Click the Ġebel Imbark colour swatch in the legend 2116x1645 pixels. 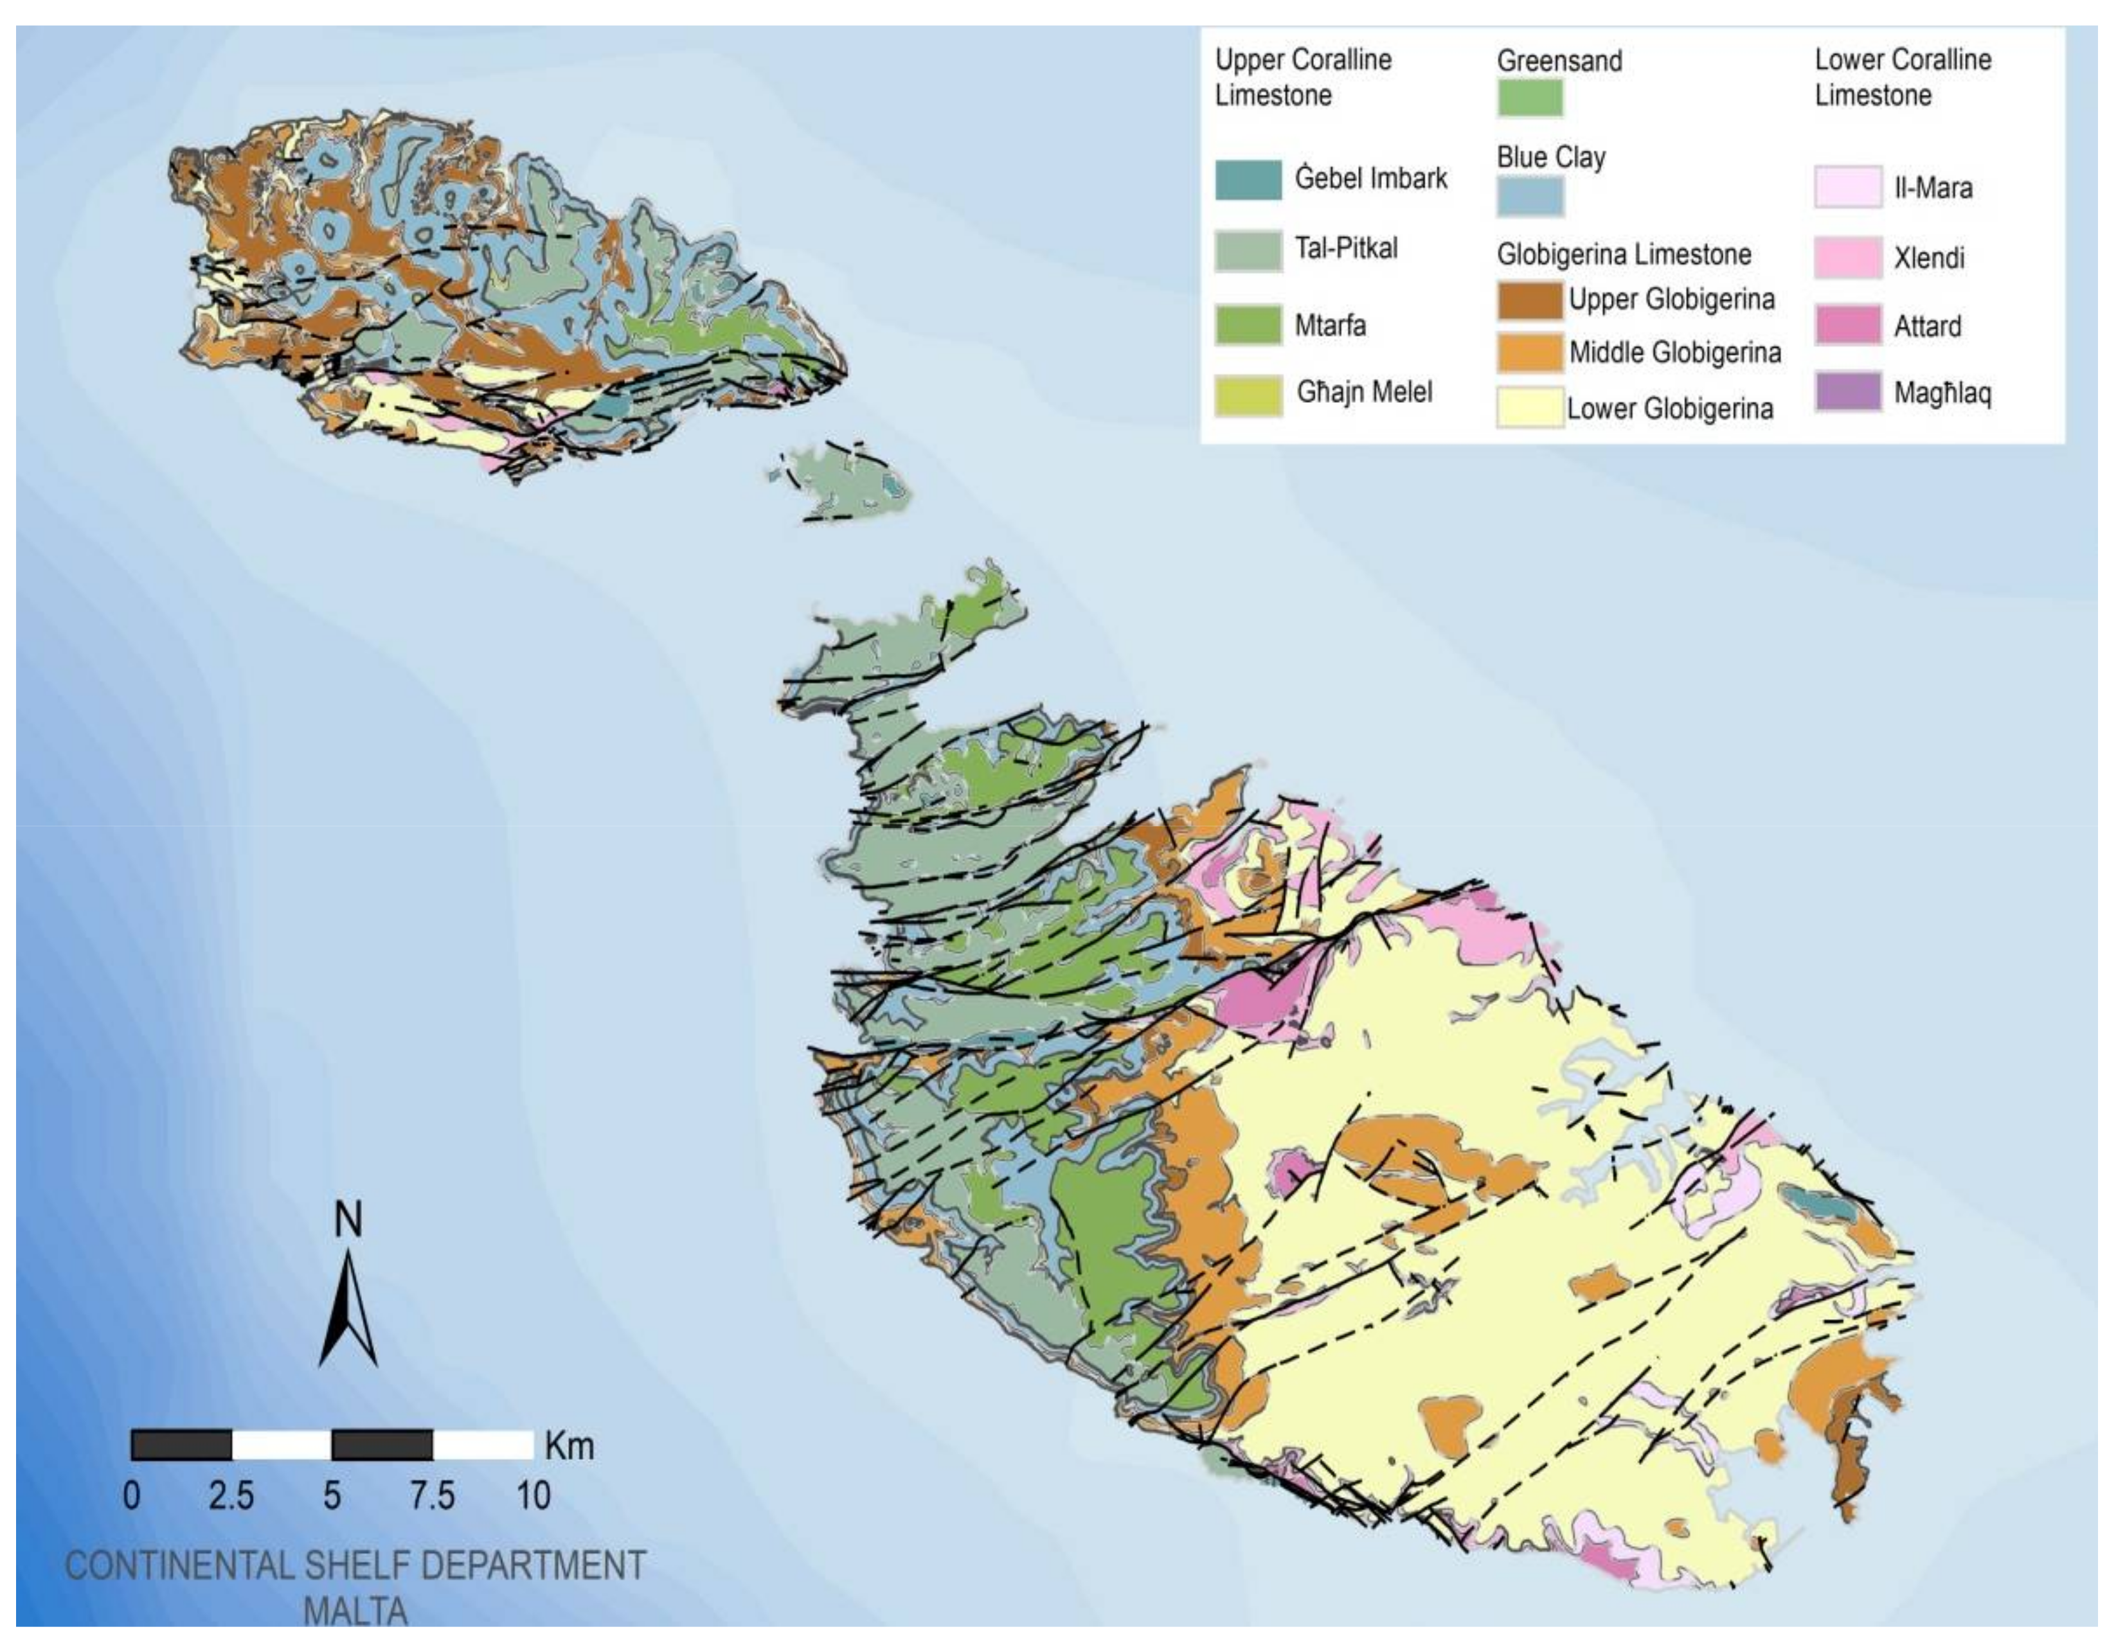point(1248,180)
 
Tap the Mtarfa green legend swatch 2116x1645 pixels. point(1248,326)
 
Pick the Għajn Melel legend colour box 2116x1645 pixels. point(1248,395)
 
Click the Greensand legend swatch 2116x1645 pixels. point(1530,98)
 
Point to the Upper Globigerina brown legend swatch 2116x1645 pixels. point(1530,300)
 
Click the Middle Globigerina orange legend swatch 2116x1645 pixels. point(1530,353)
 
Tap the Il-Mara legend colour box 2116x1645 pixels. point(1847,187)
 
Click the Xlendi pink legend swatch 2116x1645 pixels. point(1847,258)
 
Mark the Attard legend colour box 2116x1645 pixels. point(1847,326)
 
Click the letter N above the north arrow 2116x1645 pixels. point(348,1220)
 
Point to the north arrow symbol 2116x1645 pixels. point(348,1308)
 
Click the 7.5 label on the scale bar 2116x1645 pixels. point(431,1496)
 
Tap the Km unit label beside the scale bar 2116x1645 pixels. point(569,1446)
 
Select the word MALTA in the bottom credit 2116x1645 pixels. point(355,1611)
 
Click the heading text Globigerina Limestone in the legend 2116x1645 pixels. point(1624,255)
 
